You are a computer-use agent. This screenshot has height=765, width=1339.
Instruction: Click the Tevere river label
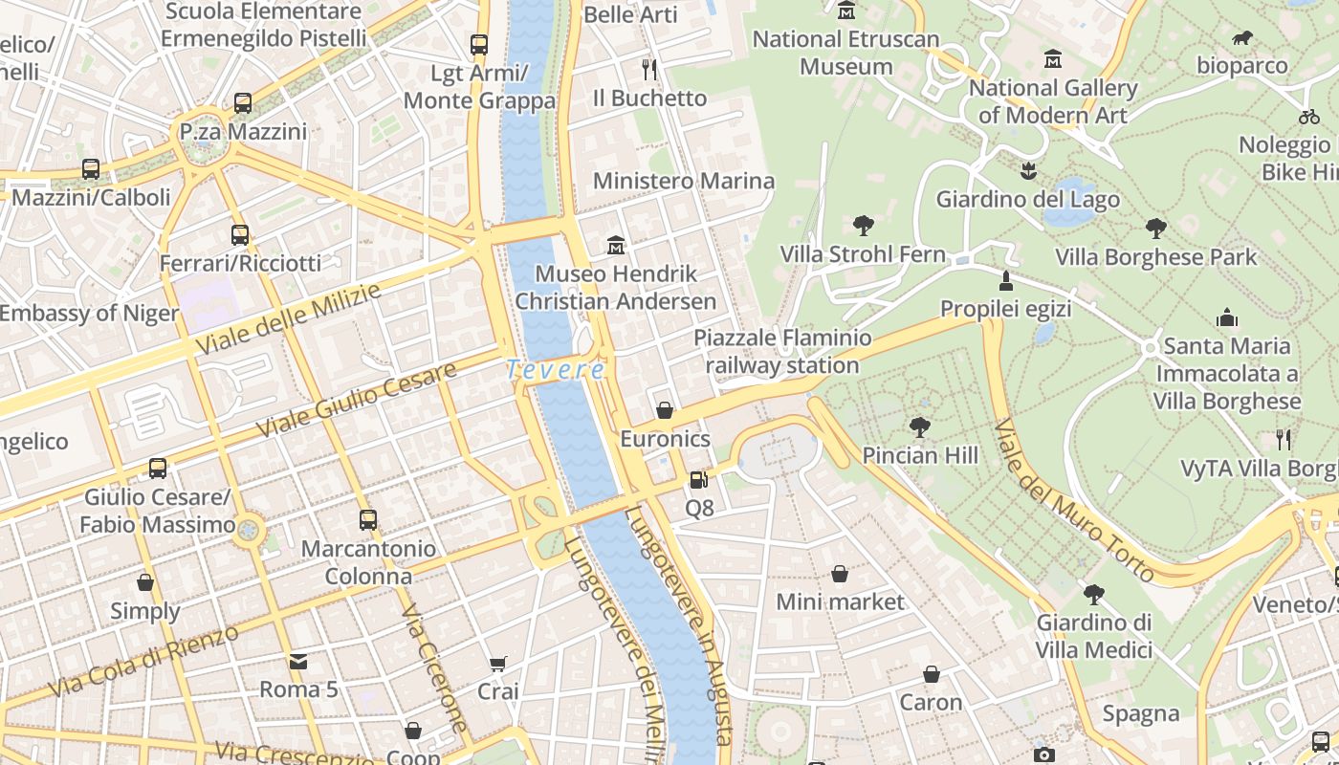(556, 369)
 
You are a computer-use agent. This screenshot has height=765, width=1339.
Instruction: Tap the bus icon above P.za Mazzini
(243, 102)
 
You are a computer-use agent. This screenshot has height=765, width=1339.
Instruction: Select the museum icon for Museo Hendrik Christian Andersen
(616, 246)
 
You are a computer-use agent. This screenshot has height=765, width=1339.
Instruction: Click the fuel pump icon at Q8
(699, 479)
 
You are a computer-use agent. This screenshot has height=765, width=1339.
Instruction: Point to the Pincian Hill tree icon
(920, 426)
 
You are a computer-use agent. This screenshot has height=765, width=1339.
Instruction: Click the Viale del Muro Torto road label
(1074, 500)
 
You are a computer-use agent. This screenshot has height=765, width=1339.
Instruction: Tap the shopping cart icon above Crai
(498, 664)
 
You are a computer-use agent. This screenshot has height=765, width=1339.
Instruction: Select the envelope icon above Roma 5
(298, 661)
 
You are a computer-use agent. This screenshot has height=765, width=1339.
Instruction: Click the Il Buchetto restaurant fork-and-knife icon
(649, 69)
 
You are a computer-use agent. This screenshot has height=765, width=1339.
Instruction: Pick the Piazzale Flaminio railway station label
(782, 352)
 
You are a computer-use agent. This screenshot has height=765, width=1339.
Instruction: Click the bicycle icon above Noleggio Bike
(1309, 117)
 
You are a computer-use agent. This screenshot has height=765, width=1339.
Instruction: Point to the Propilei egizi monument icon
(1005, 281)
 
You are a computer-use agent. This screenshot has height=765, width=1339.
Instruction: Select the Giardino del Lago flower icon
(1028, 171)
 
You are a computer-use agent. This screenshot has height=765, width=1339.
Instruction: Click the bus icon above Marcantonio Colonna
(368, 519)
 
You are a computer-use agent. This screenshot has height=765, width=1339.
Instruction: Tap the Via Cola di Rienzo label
(143, 662)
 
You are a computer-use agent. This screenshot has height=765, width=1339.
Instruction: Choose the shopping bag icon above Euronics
(665, 410)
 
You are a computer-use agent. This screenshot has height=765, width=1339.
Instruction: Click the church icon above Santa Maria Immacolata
(1227, 317)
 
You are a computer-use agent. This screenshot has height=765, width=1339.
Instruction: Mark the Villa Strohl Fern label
(863, 254)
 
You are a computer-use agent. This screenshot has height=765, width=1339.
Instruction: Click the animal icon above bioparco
(1242, 38)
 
